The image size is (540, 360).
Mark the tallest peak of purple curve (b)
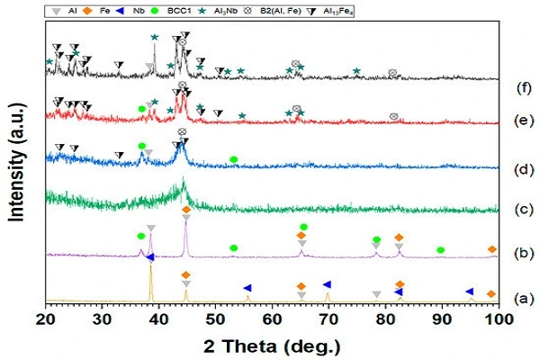pyautogui.click(x=185, y=222)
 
